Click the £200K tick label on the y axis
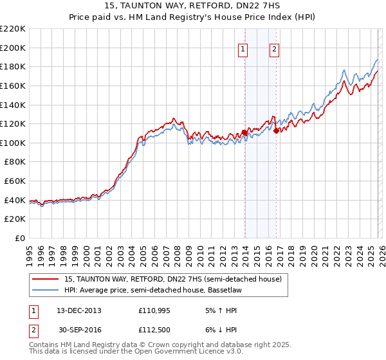13,48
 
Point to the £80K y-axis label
15,162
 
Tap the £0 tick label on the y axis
19,239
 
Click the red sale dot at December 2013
244,133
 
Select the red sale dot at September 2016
276,130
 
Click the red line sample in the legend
46,280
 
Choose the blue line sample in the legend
46,291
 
